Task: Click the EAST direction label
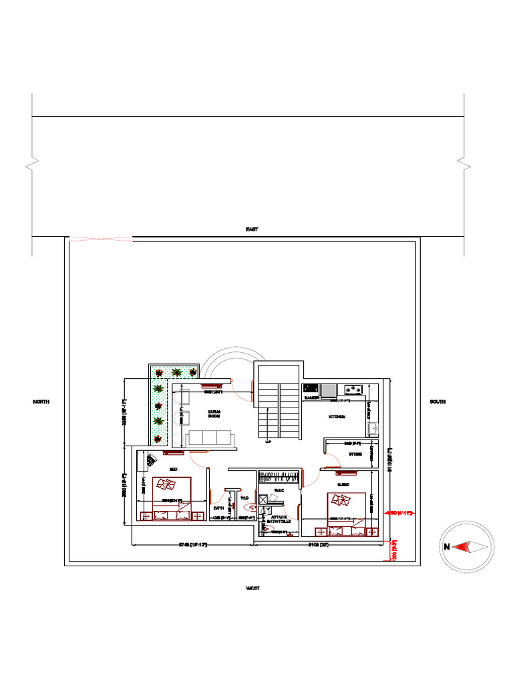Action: point(252,229)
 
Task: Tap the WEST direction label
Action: point(252,588)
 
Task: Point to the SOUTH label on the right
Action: point(438,402)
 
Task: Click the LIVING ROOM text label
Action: point(214,414)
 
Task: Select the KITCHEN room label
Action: point(337,417)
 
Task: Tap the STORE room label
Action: point(355,454)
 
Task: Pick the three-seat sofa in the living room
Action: point(210,438)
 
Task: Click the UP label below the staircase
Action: point(269,442)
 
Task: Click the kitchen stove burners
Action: point(353,389)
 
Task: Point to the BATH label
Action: point(218,508)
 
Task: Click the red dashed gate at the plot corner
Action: point(100,238)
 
